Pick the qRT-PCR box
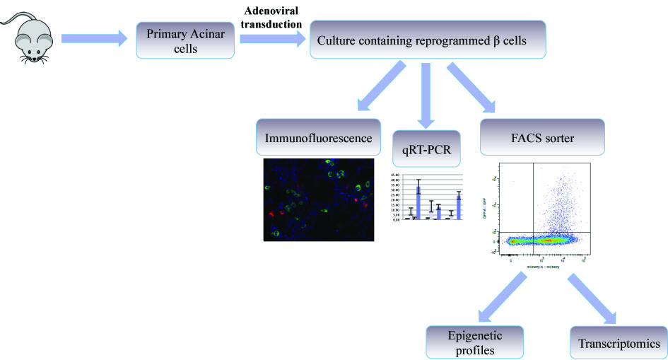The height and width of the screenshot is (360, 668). coord(426,149)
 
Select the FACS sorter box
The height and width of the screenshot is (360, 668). coord(542,137)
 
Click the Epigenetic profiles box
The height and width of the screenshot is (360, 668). coord(475,342)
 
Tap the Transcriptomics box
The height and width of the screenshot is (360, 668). coord(617,344)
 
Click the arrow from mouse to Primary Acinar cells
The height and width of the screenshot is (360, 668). coord(92,40)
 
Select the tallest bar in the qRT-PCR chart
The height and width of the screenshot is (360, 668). coord(418,199)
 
